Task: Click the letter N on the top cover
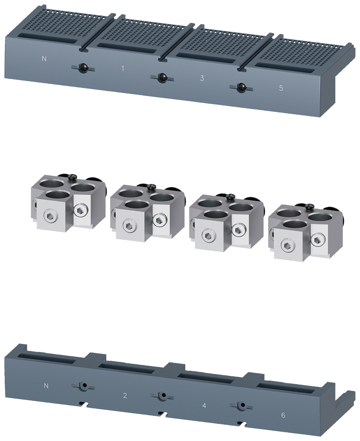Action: [44, 59]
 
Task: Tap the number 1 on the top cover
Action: [123, 68]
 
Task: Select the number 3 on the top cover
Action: [202, 78]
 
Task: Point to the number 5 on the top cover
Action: [281, 88]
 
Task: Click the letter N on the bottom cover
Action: [46, 385]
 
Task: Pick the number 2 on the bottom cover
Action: [125, 396]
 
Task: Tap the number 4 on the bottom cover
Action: [204, 405]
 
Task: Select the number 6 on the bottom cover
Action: [283, 415]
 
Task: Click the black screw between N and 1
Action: [83, 68]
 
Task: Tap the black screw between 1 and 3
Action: [162, 78]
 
